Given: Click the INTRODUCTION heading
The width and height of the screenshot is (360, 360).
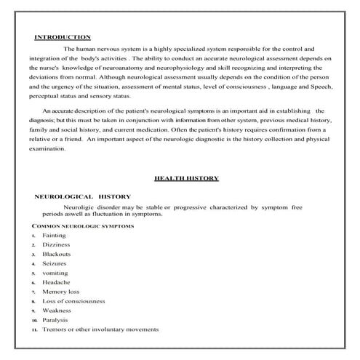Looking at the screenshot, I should pyautogui.click(x=63, y=37).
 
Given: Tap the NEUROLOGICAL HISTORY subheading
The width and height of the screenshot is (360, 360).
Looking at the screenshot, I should pyautogui.click(x=83, y=196).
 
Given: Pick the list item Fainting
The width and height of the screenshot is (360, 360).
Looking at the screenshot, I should pyautogui.click(x=54, y=236).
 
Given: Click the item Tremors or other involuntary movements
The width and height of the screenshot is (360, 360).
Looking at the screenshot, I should pyautogui.click(x=100, y=329).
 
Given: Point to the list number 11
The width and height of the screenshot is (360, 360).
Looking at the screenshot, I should pyautogui.click(x=34, y=330).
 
